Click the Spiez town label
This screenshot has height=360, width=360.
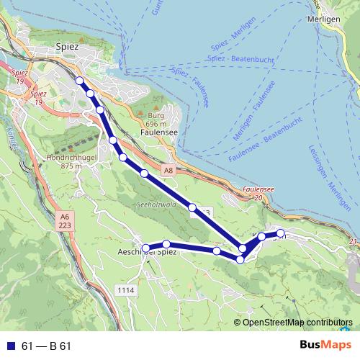click(67, 46)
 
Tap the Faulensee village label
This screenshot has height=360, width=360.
click(160, 133)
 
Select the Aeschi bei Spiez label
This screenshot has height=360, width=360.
click(147, 251)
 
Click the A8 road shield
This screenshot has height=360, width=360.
click(168, 171)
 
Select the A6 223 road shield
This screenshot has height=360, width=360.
click(64, 220)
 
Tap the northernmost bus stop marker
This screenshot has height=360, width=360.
click(79, 81)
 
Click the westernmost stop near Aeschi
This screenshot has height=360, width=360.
click(145, 248)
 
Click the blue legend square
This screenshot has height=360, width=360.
click(10, 346)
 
